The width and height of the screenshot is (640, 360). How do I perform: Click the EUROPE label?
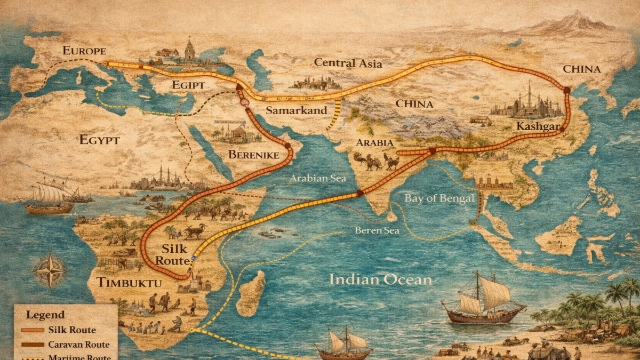pos(84,51)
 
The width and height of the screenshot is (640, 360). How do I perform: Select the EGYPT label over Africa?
pos(100,140)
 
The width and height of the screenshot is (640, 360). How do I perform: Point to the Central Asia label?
pos(348,63)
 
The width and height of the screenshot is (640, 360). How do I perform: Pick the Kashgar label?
pos(538,126)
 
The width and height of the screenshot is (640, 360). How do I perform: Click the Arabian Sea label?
pos(318,178)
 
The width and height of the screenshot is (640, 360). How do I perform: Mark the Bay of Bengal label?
pos(439,198)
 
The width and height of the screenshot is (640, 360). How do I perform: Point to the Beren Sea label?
pos(377,231)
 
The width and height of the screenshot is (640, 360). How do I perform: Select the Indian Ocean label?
pos(380,279)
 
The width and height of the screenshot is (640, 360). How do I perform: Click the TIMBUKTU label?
pos(128,283)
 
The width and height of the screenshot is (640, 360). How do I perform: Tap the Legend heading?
pos(47,315)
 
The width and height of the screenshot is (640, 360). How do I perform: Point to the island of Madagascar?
pos(251,294)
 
